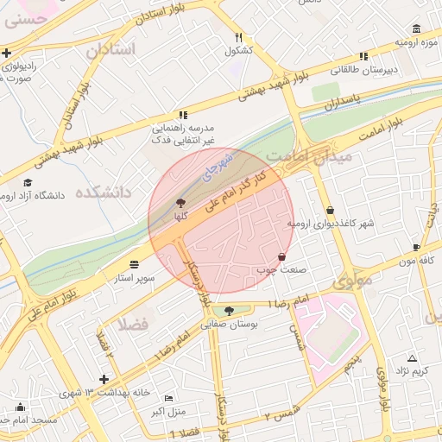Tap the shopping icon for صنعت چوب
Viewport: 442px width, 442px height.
pyautogui.click(x=282, y=256)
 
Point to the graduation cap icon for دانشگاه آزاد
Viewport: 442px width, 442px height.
pyautogui.click(x=28, y=182)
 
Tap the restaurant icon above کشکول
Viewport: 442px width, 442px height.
pyautogui.click(x=238, y=37)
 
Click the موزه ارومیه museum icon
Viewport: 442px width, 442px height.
pyautogui.click(x=417, y=28)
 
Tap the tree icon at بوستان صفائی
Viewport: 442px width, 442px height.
pyautogui.click(x=229, y=311)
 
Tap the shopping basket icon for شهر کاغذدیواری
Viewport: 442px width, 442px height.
pyautogui.click(x=331, y=210)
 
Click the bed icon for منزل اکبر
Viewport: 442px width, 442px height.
pyautogui.click(x=168, y=397)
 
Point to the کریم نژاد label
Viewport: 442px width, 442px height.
pyautogui.click(x=412, y=370)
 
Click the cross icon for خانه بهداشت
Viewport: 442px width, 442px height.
pyautogui.click(x=104, y=379)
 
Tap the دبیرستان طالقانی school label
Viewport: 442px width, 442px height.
pyautogui.click(x=390, y=68)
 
